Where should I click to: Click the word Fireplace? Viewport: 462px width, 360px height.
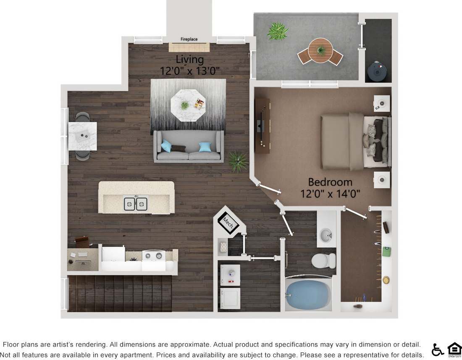189,39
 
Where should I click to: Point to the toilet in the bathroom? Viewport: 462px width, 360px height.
324,260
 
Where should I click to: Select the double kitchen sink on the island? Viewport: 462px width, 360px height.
136,204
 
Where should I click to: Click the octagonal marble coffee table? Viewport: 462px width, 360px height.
188,105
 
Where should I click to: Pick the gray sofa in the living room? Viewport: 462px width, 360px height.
189,147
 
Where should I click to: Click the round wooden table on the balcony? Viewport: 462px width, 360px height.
320,50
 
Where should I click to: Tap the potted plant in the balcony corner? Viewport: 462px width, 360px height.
278,31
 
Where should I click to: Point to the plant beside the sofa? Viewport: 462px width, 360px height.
238,161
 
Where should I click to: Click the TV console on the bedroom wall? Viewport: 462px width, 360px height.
262,126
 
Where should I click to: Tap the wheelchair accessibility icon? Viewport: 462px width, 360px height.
438,349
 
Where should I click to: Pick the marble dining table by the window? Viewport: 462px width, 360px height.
83,136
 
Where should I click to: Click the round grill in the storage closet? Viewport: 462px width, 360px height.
377,71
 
